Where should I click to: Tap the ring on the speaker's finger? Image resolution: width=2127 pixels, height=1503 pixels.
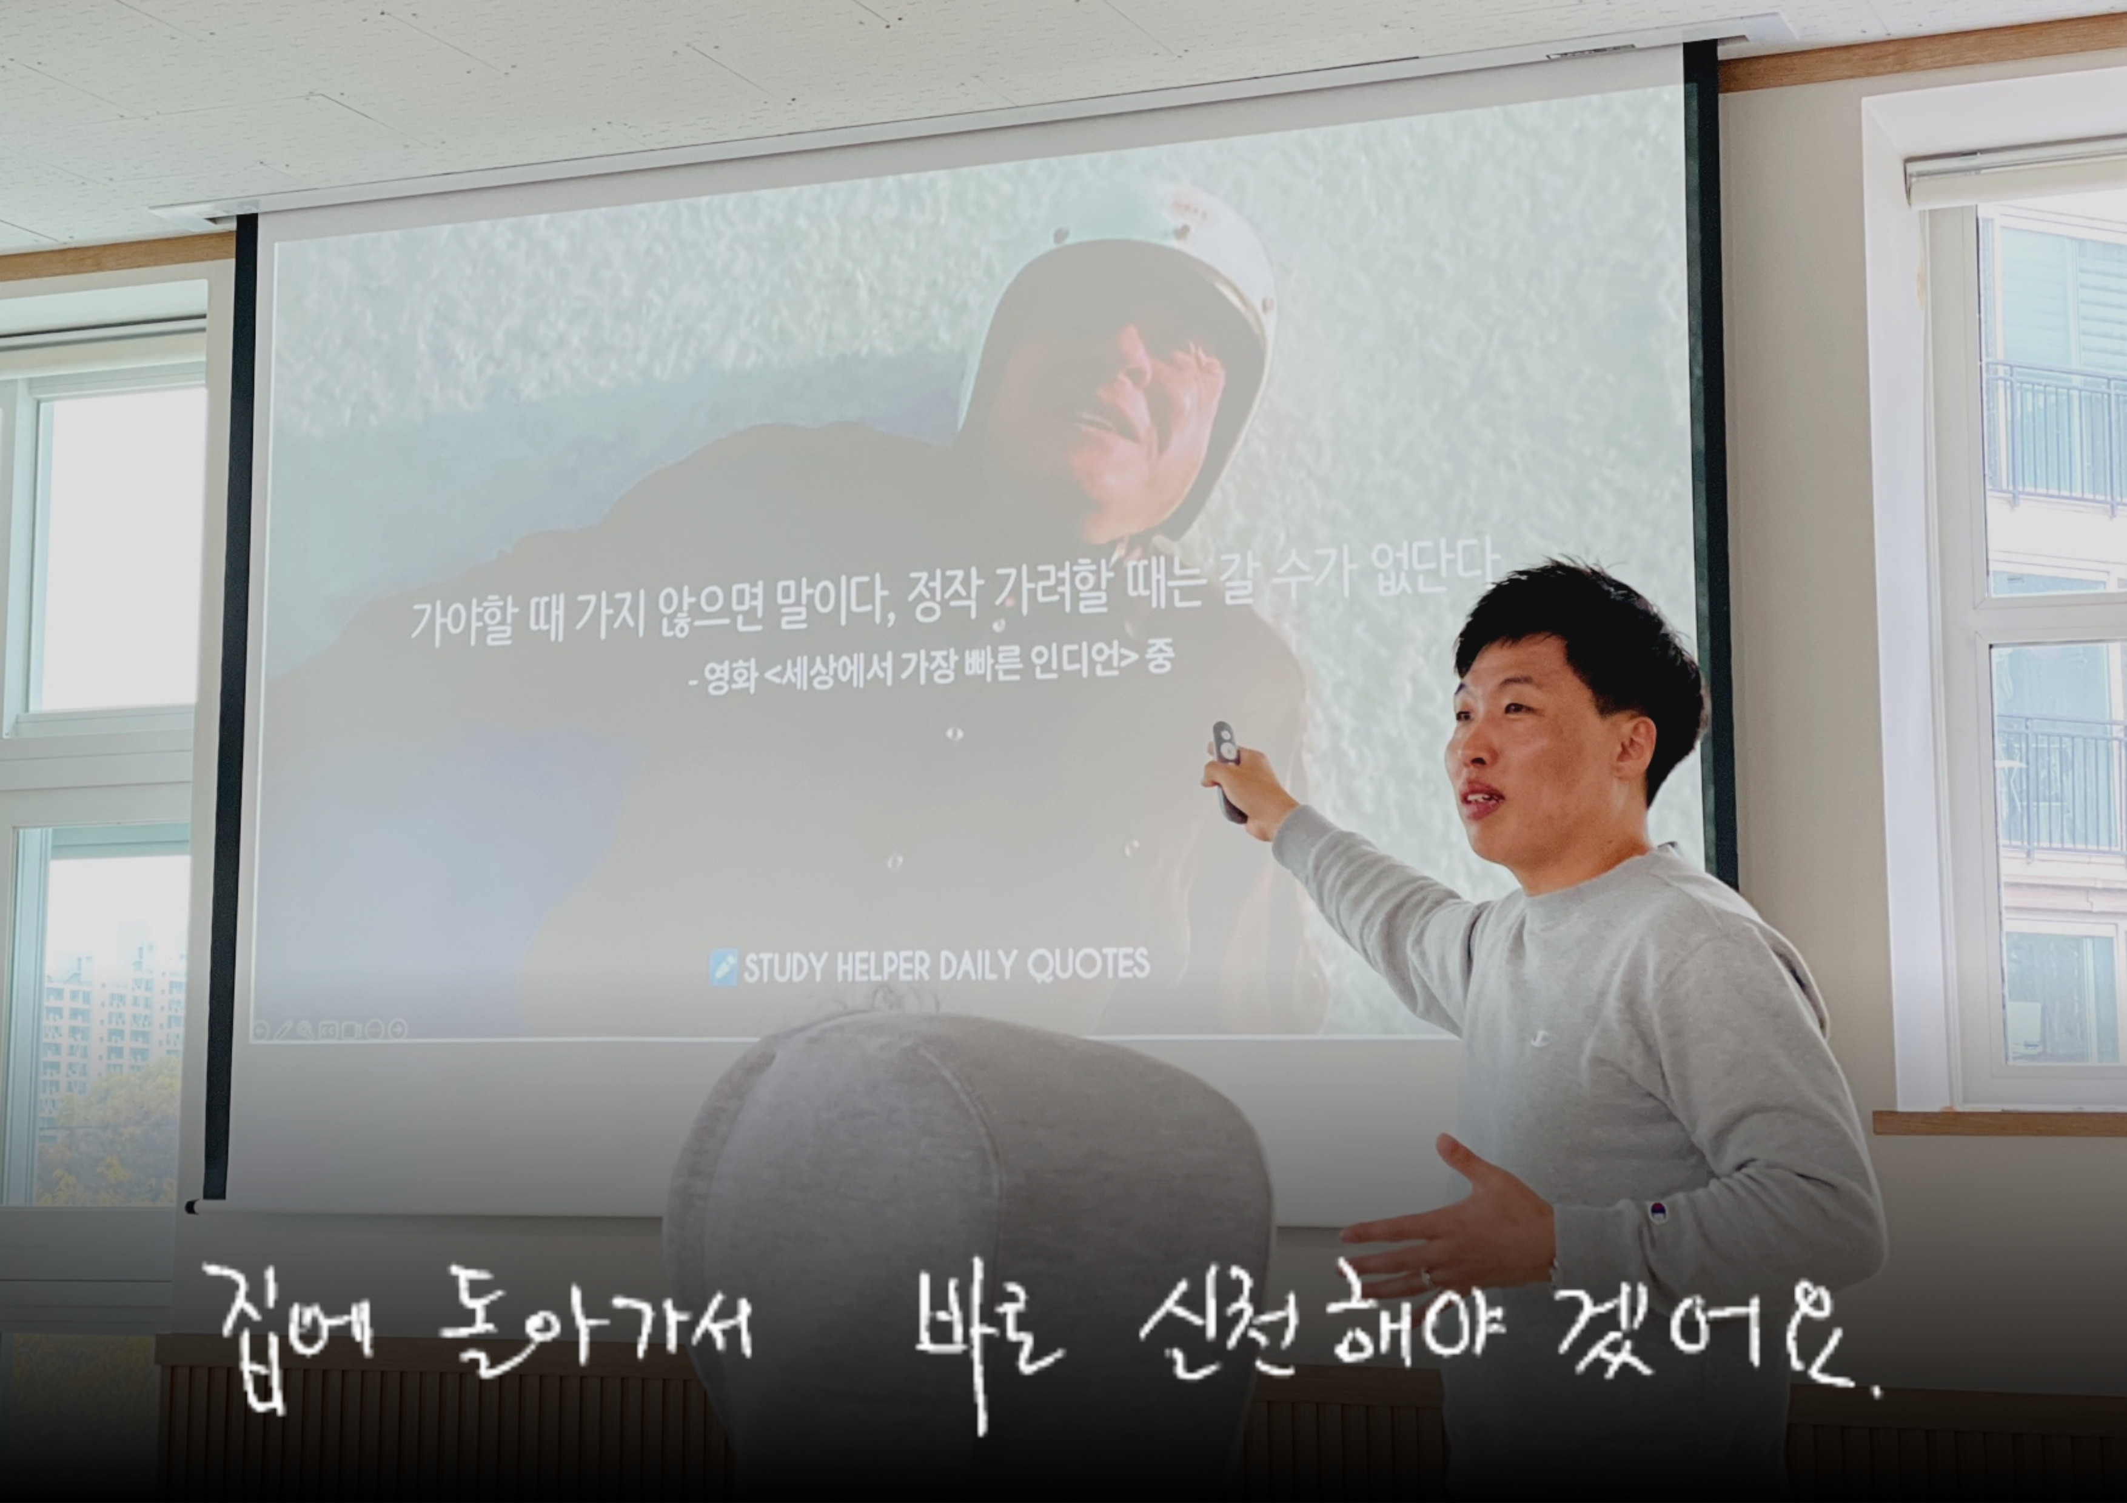[1427, 1278]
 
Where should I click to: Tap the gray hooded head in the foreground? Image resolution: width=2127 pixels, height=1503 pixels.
[963, 1250]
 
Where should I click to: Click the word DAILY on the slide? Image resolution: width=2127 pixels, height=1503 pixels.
[977, 966]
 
